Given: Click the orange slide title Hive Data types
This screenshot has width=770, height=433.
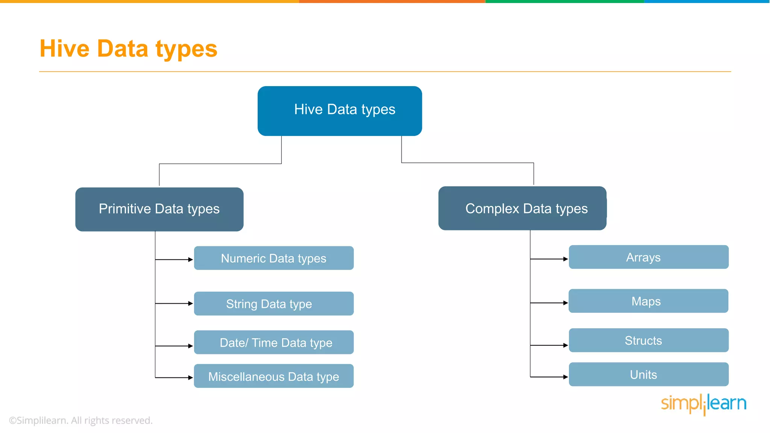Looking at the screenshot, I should pos(128,49).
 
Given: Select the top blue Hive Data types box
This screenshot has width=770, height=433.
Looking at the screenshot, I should pos(340,111).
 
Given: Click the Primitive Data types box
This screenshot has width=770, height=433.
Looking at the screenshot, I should pos(159,209).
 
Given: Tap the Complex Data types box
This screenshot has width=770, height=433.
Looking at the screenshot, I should pos(522,208).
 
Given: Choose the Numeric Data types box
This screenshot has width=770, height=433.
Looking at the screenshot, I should pos(274,258).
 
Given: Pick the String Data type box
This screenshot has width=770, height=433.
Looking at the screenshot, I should pos(274,304).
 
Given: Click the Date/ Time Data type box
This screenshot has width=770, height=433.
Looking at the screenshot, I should pos(274,342).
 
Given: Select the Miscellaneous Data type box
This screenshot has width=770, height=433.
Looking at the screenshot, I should pos(274,376).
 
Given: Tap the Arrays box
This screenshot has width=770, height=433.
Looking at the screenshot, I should pos(649,257).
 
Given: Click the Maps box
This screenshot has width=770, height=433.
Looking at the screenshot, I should pos(648,301).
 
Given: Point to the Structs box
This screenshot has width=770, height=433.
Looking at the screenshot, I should pos(649,341).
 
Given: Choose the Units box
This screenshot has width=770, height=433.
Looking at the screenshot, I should pos(649,374).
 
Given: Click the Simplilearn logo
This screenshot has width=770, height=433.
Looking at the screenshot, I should pos(703,404).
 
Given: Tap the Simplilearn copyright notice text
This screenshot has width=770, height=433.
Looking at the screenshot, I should pos(81,420).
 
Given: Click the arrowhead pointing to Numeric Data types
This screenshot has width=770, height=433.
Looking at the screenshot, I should pos(191,259).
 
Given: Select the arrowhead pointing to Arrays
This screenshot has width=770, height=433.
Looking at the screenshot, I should pos(565,259).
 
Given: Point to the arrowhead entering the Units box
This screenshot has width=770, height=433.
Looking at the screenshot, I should pos(565,377).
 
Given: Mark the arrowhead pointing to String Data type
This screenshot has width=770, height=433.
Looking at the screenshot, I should pos(191,303).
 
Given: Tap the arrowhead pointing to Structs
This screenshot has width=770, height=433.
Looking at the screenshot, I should pos(565,345).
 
